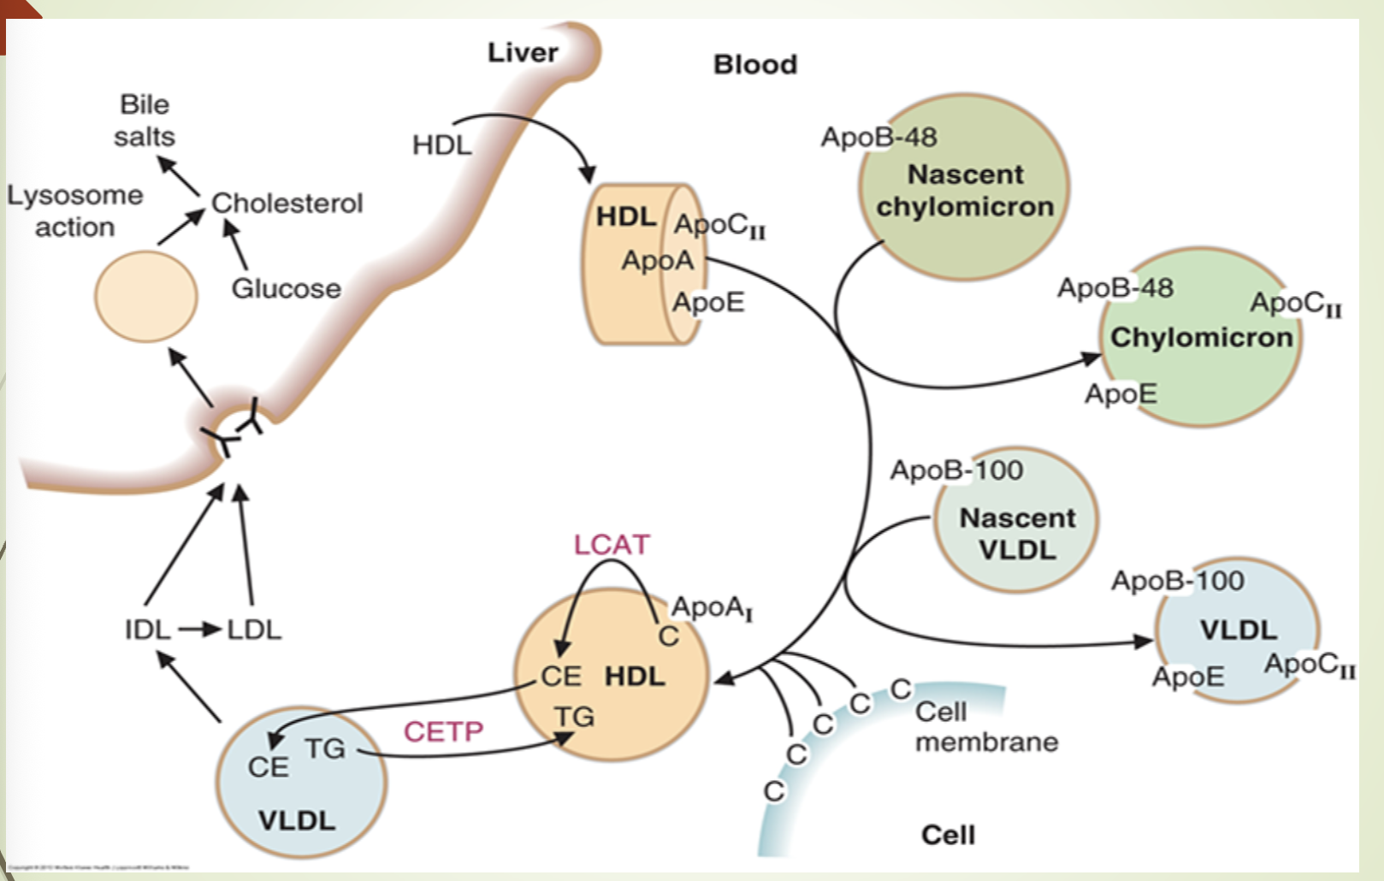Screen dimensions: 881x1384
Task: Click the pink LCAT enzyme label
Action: click(x=612, y=545)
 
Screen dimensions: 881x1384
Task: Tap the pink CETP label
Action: click(x=443, y=731)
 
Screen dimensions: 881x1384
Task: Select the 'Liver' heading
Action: click(x=523, y=52)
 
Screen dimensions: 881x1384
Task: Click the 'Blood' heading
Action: click(x=754, y=64)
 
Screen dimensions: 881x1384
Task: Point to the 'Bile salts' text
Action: click(x=145, y=121)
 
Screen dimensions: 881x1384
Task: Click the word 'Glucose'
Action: click(x=286, y=288)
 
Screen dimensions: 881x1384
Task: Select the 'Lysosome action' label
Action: click(x=74, y=211)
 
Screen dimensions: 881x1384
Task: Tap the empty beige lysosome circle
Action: click(x=146, y=296)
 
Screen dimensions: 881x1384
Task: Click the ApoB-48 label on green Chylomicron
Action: click(x=1115, y=287)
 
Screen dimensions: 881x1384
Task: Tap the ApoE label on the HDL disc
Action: click(x=707, y=302)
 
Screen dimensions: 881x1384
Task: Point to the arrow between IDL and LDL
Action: click(x=200, y=630)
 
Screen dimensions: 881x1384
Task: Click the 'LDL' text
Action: click(x=254, y=630)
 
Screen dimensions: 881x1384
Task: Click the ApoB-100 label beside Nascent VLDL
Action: click(x=956, y=470)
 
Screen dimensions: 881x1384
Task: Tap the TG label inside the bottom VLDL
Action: click(x=325, y=748)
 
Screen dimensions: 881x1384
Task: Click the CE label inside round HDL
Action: click(x=561, y=677)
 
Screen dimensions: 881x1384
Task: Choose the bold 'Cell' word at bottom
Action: click(x=948, y=835)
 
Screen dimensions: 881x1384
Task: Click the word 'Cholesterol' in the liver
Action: click(x=287, y=203)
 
